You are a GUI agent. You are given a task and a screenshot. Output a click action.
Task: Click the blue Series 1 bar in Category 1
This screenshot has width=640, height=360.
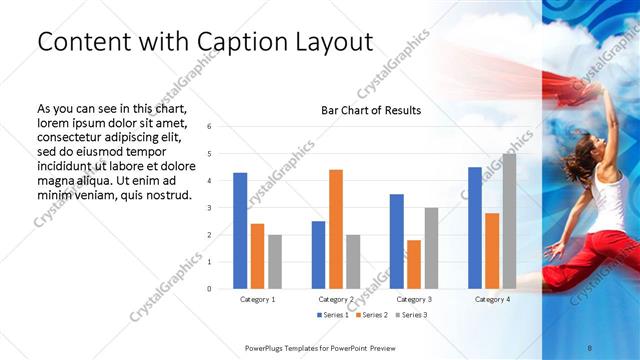coord(240,230)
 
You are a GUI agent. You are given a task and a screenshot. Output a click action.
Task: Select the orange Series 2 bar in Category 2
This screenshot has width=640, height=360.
coord(335,229)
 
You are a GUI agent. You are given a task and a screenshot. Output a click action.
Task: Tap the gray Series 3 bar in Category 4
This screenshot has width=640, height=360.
coord(509,221)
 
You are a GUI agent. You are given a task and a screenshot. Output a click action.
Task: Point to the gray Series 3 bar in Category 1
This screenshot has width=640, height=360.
coord(274,261)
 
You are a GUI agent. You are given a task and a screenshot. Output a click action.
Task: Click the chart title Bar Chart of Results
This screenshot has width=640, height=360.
coord(370,110)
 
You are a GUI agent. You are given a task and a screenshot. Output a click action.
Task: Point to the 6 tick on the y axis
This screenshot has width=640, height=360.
coord(209,126)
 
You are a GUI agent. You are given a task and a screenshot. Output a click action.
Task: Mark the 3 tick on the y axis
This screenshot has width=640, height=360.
coord(209,207)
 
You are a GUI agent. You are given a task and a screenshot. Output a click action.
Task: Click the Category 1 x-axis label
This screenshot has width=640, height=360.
coord(257,299)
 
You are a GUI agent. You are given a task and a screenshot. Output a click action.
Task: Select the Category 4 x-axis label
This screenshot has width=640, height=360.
coord(492,299)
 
